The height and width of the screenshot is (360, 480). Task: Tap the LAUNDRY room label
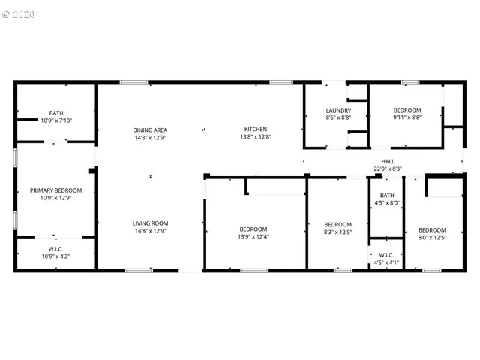point(337,110)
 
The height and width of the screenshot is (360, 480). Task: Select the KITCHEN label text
point(255,129)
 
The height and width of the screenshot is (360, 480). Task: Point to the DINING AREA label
point(149,130)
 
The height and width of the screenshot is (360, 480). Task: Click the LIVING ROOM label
point(150,223)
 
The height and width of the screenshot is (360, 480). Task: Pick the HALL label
point(387,161)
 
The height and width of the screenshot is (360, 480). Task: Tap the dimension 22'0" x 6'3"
point(388,169)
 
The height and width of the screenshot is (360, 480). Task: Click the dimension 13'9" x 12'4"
point(254,237)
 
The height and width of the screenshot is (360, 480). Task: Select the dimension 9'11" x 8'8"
point(407,118)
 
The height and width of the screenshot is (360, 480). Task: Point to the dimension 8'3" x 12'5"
point(337,232)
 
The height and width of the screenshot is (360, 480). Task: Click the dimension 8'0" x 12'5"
point(432,238)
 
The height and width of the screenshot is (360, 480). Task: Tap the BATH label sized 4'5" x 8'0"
point(386,195)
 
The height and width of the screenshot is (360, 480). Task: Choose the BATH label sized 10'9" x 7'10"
point(56,112)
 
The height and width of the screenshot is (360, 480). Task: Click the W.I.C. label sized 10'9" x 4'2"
point(56,250)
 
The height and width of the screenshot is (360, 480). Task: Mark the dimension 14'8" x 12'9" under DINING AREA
point(149,137)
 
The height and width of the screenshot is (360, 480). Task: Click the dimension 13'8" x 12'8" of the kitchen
point(255,136)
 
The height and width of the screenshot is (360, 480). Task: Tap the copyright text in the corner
point(19,14)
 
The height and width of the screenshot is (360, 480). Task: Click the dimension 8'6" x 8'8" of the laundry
point(337,118)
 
